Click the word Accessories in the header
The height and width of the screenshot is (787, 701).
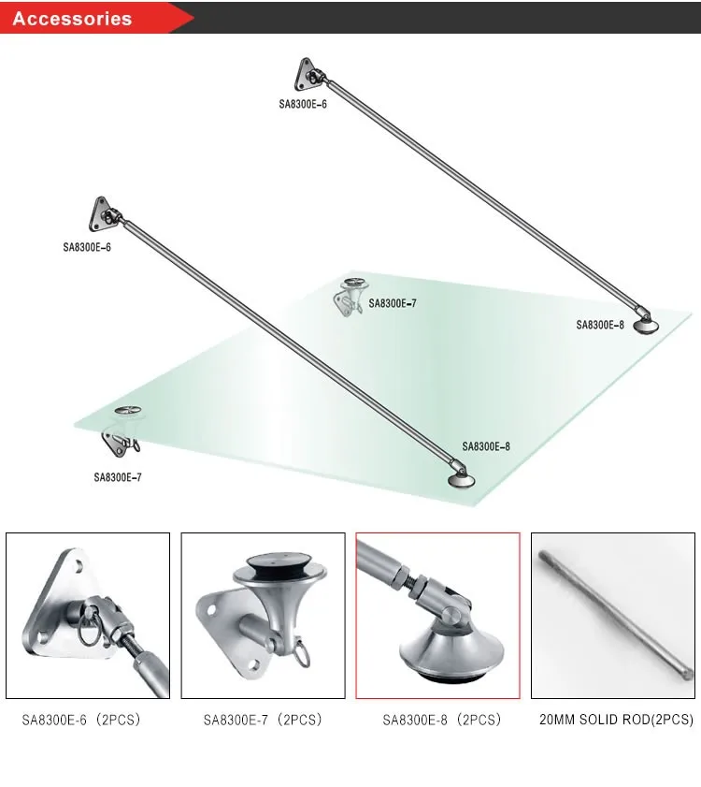pyautogui.click(x=72, y=19)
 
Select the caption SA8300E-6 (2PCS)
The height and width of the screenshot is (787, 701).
pyautogui.click(x=81, y=720)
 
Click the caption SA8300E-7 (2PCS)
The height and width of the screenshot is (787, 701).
pyautogui.click(x=263, y=720)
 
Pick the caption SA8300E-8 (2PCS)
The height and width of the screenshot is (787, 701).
pyautogui.click(x=441, y=720)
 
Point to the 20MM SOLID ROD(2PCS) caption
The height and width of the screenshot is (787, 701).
pyautogui.click(x=616, y=720)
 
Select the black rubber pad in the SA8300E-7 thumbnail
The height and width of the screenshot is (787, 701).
pyautogui.click(x=280, y=565)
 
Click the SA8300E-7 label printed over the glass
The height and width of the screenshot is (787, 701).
pyautogui.click(x=392, y=303)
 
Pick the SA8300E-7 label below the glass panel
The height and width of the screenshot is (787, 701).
pyautogui.click(x=118, y=477)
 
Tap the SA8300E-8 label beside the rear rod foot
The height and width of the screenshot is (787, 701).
pyautogui.click(x=599, y=325)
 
